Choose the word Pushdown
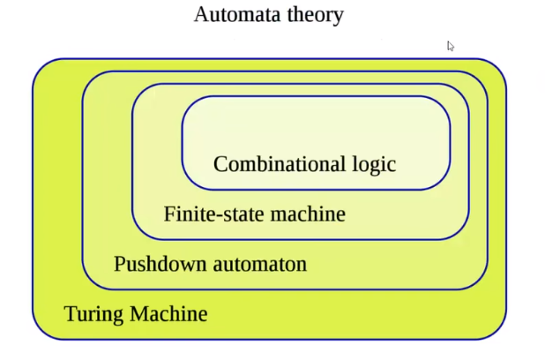pyautogui.click(x=154, y=264)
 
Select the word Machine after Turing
pyautogui.click(x=168, y=313)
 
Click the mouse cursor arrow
pyautogui.click(x=450, y=46)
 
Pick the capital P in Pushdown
pyautogui.click(x=119, y=263)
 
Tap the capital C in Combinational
pyautogui.click(x=220, y=164)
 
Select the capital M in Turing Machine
pyautogui.click(x=139, y=313)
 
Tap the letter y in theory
pyautogui.click(x=338, y=19)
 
